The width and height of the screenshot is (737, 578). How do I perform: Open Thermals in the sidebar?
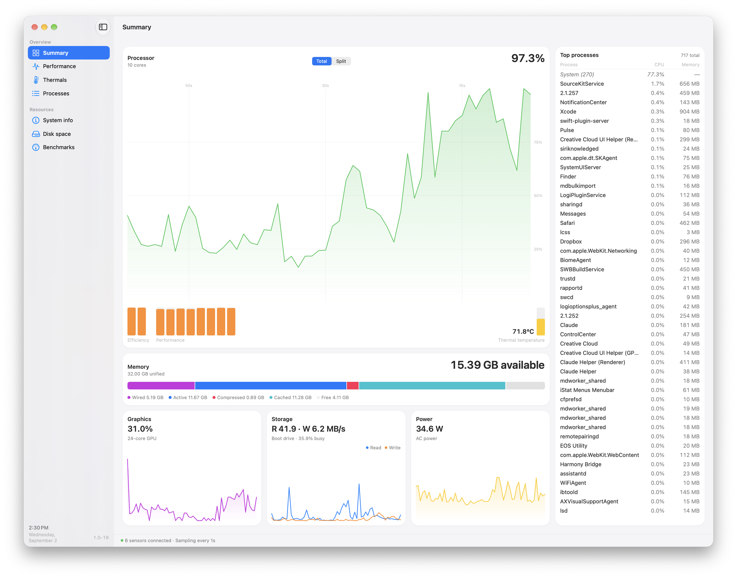54,80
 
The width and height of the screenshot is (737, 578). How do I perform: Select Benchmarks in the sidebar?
59,147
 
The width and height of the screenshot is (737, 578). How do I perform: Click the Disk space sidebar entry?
57,134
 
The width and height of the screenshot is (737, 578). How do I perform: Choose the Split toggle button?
341,61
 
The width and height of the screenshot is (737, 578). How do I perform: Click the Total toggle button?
322,61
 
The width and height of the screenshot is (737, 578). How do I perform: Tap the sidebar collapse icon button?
103,27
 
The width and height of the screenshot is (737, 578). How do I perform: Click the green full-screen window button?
54,27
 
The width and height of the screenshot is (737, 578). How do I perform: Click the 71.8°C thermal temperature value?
523,331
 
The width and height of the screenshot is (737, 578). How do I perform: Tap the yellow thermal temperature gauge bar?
541,327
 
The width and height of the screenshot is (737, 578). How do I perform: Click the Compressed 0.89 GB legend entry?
238,398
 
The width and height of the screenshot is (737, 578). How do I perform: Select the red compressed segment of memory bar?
353,385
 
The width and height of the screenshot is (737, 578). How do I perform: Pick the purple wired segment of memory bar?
161,385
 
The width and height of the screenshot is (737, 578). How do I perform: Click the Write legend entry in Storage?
393,448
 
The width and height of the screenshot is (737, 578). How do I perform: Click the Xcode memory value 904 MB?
689,112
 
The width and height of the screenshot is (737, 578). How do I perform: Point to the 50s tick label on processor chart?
189,86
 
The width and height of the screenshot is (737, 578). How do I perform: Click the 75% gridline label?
538,142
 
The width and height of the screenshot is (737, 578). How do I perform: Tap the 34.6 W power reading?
429,429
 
